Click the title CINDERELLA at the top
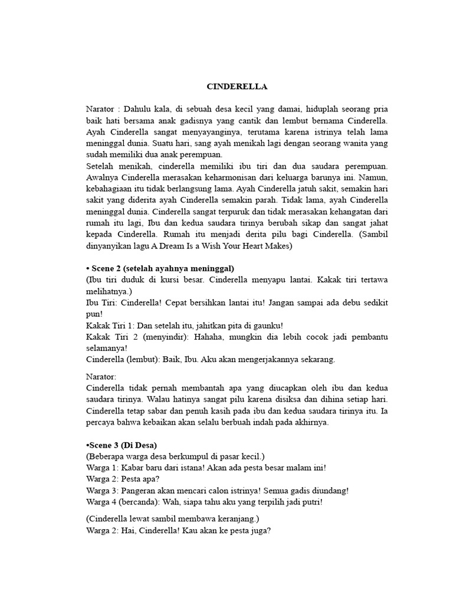237,87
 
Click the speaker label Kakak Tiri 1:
111,326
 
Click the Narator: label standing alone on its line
102,376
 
